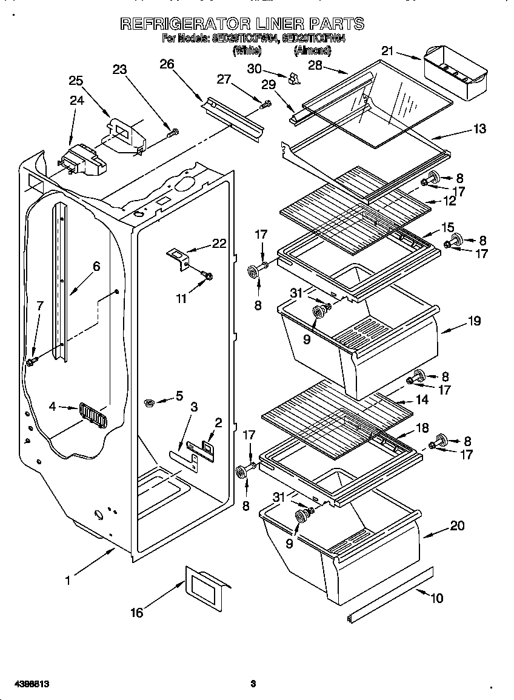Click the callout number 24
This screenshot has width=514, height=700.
click(76, 101)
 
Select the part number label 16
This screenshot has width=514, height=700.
click(137, 613)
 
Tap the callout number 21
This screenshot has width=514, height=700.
click(387, 52)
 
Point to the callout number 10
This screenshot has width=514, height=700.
click(436, 599)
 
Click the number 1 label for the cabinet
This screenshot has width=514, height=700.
click(68, 580)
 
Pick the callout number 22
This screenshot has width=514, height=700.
click(219, 244)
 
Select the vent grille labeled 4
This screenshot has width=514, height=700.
click(92, 416)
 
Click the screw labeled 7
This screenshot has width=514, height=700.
click(30, 362)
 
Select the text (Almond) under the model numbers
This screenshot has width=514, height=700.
click(312, 52)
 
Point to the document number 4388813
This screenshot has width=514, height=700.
click(25, 684)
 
